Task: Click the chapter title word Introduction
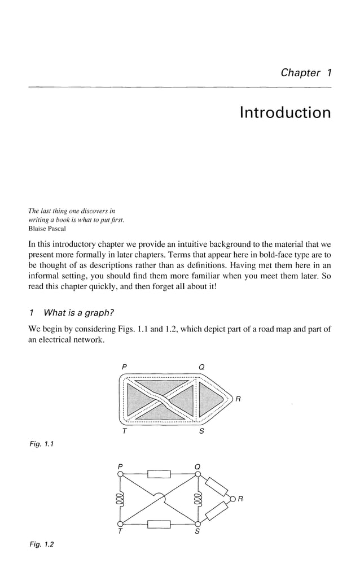tap(285, 113)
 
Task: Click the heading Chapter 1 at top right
tap(305, 73)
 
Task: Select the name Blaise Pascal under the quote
tap(47, 229)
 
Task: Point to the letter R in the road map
tap(238, 400)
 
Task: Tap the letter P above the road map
tap(124, 368)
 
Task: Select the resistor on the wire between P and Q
tap(158, 474)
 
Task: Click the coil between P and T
tap(120, 500)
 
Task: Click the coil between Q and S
tap(197, 500)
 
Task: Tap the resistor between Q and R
tap(215, 486)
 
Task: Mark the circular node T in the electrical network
tap(120, 525)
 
